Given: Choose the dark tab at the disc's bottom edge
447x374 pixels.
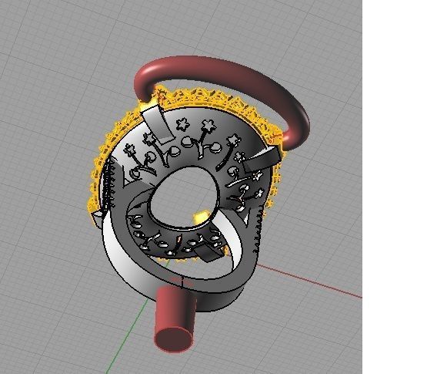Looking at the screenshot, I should (x=206, y=254).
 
